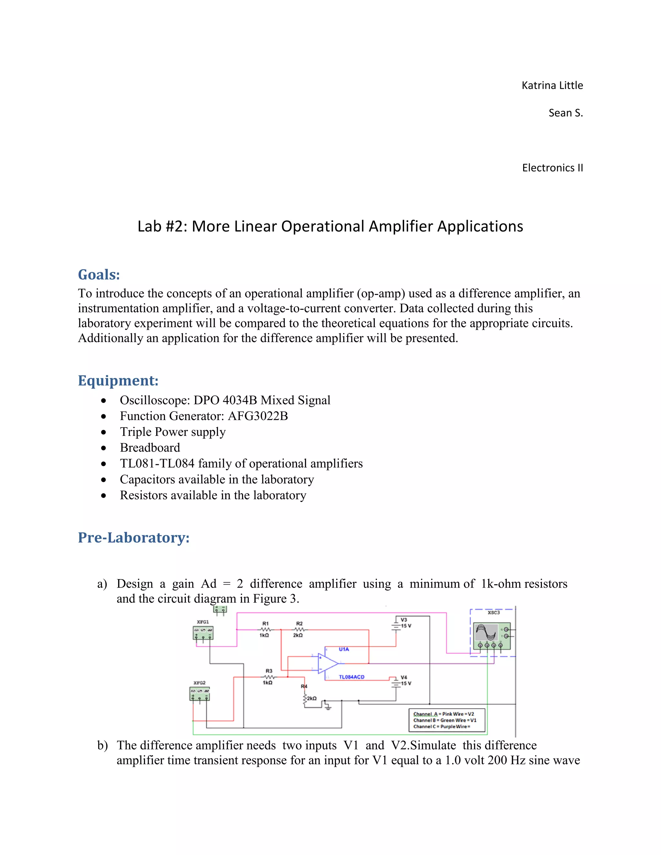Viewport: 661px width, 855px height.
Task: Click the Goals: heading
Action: point(99,275)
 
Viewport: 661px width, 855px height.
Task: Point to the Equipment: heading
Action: point(118,380)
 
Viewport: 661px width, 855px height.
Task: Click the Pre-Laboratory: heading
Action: point(134,538)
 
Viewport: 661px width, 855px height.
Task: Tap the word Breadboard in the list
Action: point(150,448)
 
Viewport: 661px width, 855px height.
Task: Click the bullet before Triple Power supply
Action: point(103,432)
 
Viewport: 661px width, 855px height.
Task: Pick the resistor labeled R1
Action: point(265,629)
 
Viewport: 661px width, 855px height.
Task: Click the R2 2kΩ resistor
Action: point(299,629)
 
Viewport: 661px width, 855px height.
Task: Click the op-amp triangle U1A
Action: point(327,663)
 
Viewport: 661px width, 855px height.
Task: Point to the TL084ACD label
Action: point(351,677)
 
